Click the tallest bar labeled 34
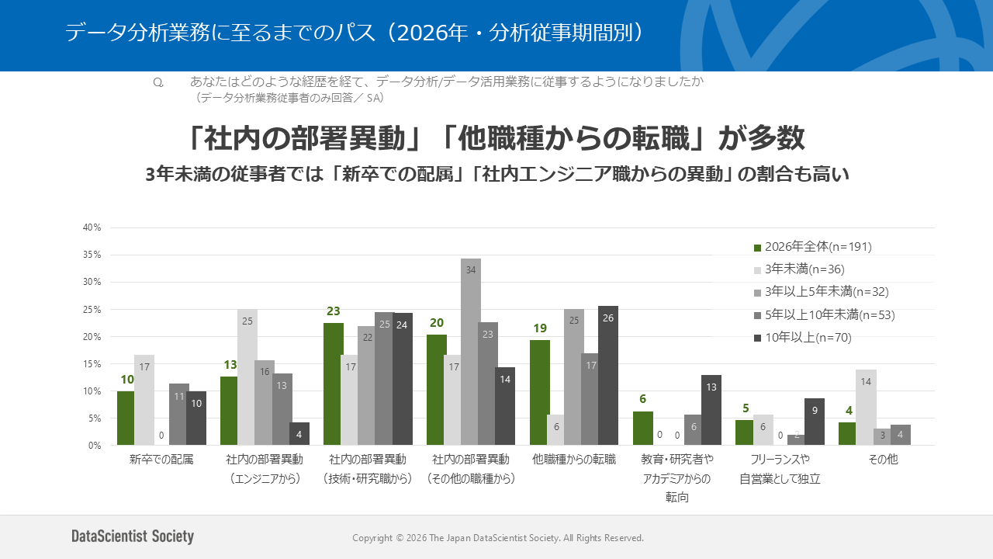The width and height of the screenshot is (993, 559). coord(470,352)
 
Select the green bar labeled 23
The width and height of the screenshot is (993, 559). coord(334,384)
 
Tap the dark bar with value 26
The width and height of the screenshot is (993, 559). coord(607,375)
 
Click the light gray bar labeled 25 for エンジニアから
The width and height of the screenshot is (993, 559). coord(247,377)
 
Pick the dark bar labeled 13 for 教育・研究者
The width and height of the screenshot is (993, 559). coord(711,410)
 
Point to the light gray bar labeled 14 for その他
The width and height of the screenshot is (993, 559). coord(866,408)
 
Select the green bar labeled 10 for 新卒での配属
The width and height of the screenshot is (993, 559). coord(126,418)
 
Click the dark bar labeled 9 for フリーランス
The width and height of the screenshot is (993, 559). coord(815,422)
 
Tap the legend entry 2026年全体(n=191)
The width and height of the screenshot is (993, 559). coord(813,247)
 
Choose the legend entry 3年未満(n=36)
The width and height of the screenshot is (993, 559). coord(799,269)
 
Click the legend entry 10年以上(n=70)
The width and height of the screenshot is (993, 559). coord(803,338)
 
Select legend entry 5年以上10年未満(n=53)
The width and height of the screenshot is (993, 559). coord(825,314)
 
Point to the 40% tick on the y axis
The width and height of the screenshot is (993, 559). coord(92,227)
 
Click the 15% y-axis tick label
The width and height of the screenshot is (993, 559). coord(92,364)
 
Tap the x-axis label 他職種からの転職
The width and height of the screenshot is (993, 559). coord(573,459)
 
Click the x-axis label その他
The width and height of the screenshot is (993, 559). coord(883,459)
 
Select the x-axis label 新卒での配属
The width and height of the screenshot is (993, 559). coord(161,459)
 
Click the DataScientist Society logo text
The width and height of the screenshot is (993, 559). coord(133,536)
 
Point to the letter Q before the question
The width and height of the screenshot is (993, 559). coord(158,82)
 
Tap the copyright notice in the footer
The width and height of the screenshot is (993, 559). coord(498,538)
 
